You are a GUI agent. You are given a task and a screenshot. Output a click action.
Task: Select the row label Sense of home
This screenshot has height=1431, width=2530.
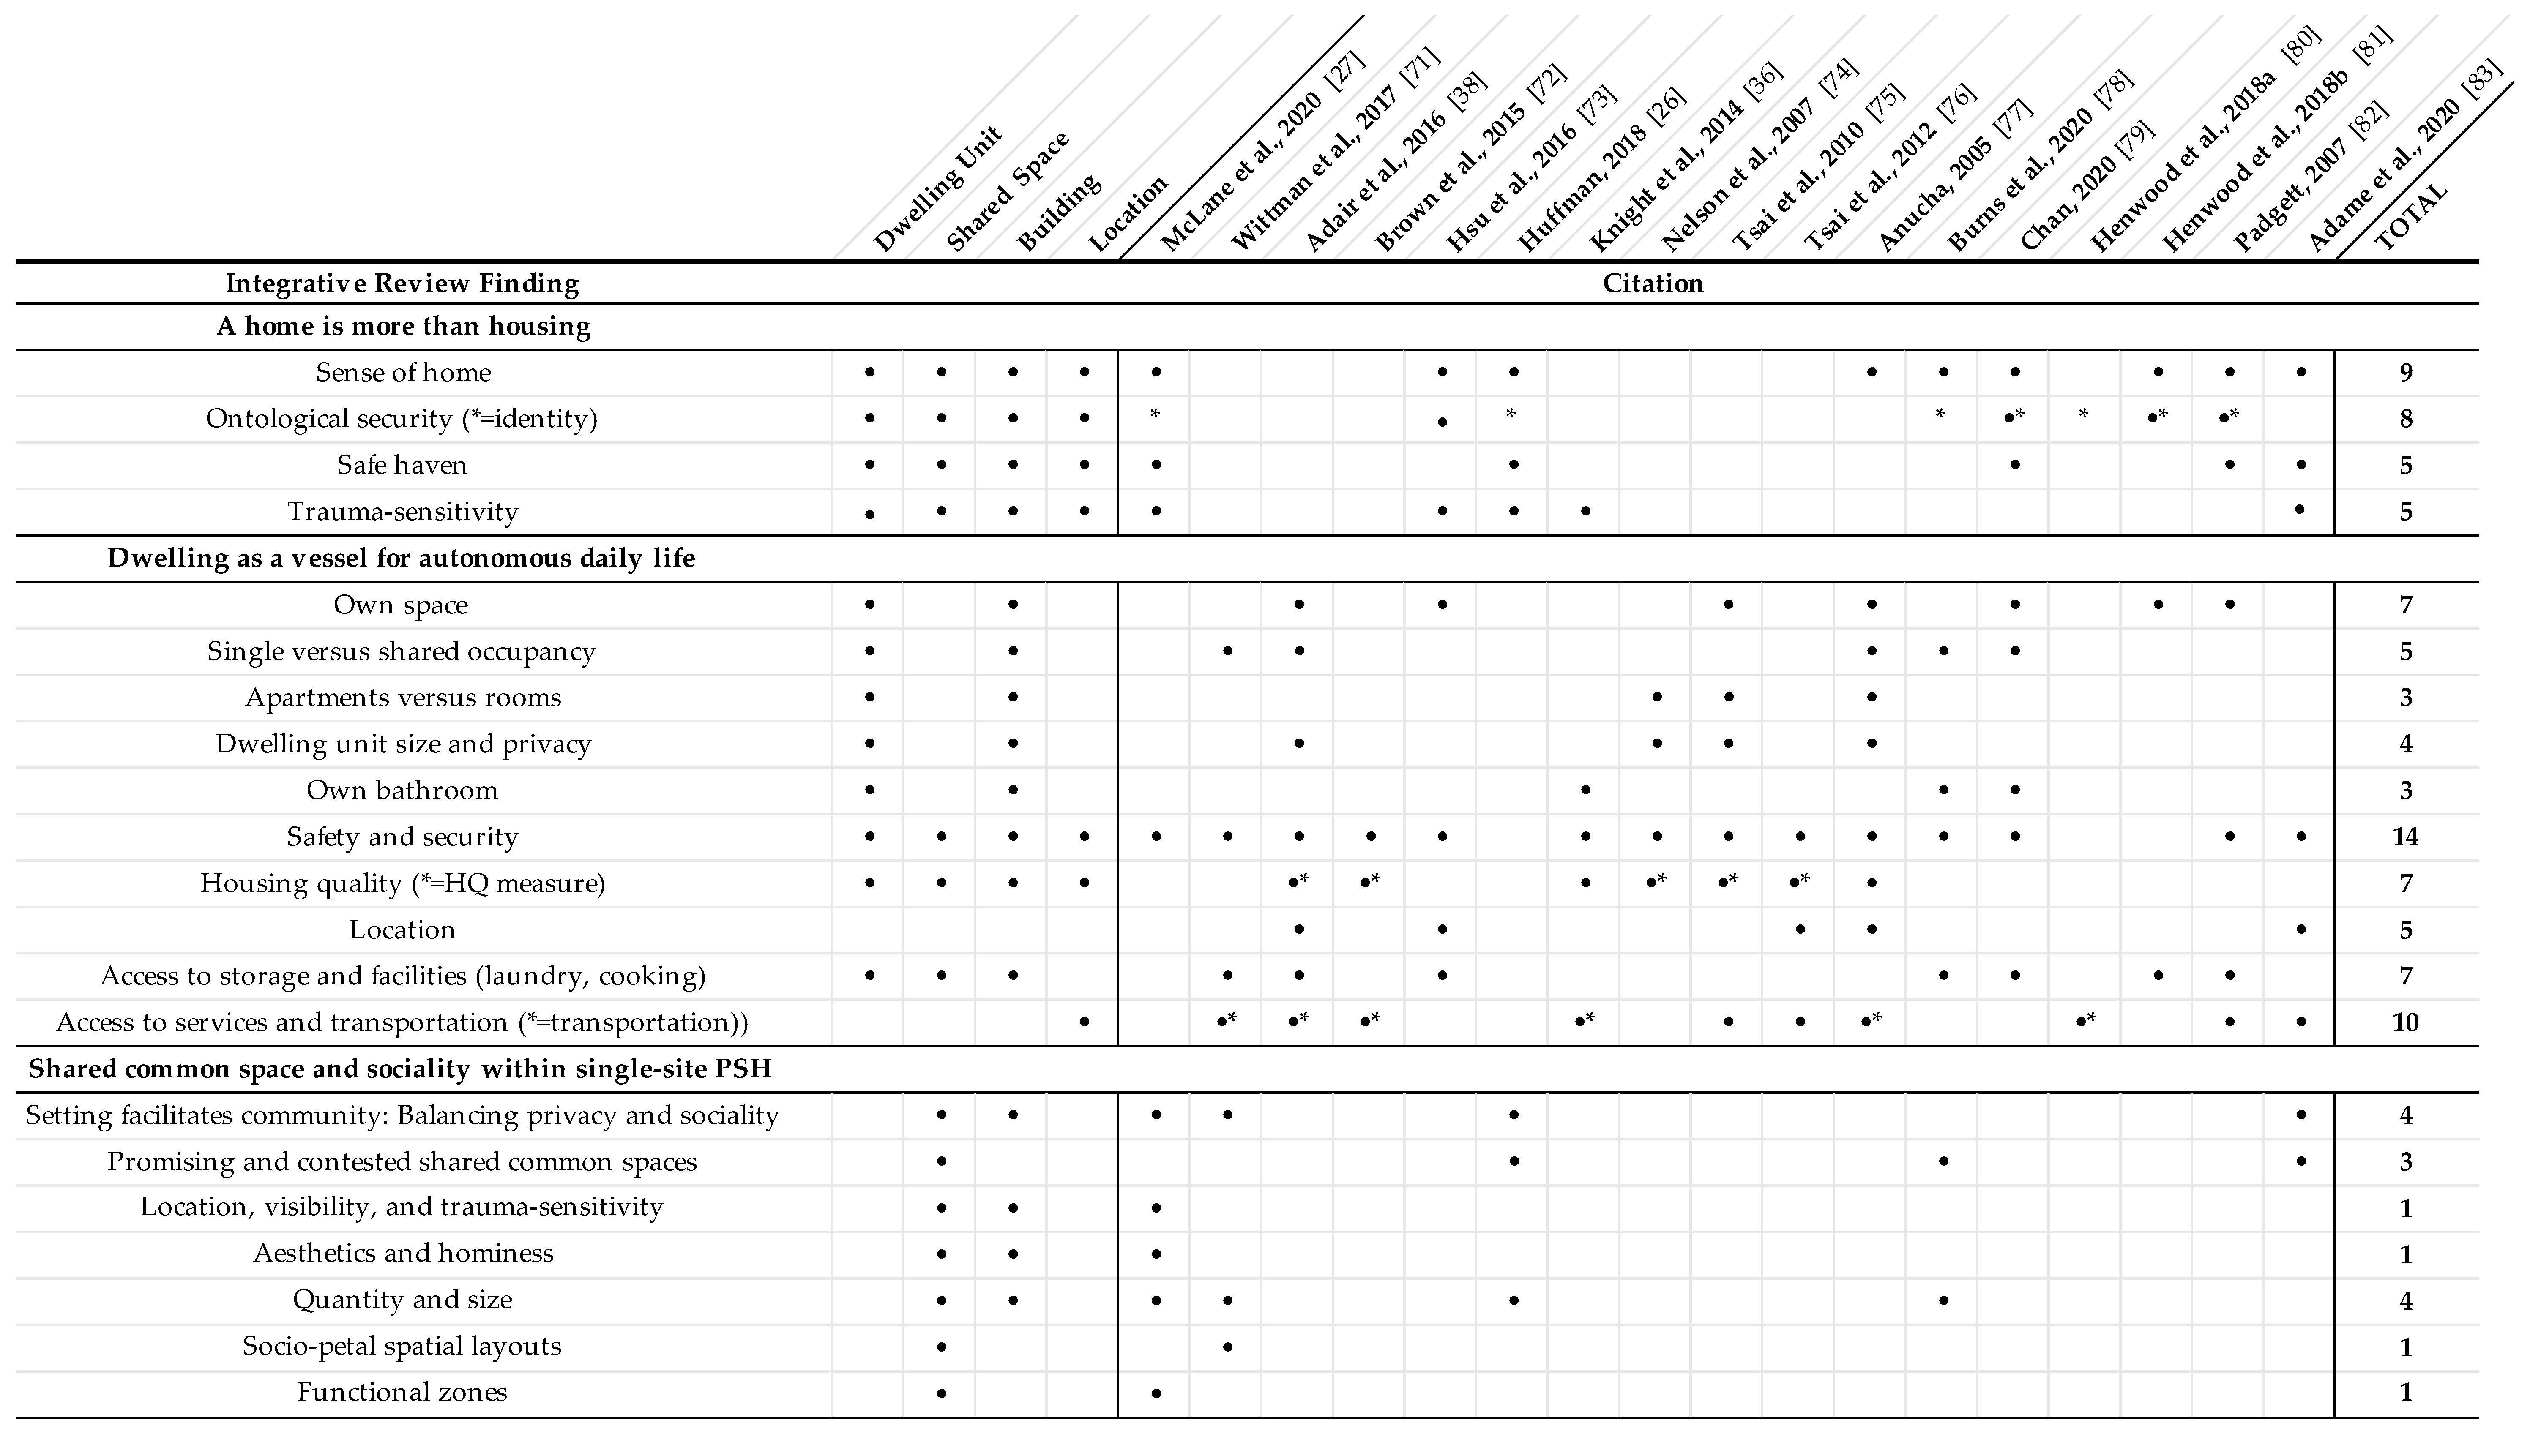[x=403, y=373]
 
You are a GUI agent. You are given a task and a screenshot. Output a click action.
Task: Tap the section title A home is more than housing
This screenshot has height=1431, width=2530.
[x=403, y=326]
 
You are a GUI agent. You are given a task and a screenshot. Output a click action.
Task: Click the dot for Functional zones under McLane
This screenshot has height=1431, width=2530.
[x=1156, y=1393]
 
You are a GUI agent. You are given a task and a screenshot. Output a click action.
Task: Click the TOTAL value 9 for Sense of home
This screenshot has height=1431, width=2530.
[x=2405, y=373]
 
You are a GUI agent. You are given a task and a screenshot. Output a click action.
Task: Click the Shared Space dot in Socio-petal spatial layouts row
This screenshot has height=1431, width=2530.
[x=942, y=1347]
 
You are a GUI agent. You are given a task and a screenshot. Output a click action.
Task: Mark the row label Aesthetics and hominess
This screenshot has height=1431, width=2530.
[x=403, y=1253]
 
